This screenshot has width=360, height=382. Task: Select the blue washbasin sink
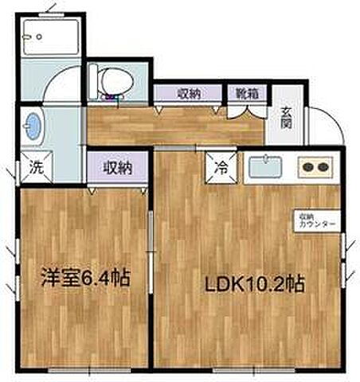coord(33,125)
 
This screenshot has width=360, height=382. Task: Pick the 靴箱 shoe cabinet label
coord(245,93)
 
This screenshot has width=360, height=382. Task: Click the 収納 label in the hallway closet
coord(189,93)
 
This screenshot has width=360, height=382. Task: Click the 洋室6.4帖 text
coord(85,280)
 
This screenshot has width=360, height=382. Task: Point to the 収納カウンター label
coord(317,220)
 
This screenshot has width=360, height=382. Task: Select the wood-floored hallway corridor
coord(175,123)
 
